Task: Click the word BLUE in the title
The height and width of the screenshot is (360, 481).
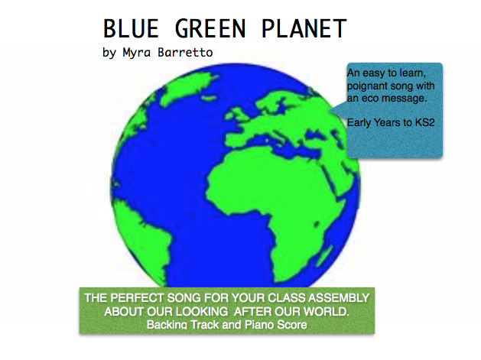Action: point(131,28)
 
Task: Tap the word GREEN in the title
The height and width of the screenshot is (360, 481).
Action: point(210,28)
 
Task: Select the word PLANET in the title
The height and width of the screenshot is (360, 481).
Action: point(304,28)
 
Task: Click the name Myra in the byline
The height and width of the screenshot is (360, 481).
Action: point(137,53)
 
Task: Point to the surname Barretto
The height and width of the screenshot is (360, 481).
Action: point(185,52)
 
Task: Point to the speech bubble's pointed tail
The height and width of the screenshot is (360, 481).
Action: point(330,110)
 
